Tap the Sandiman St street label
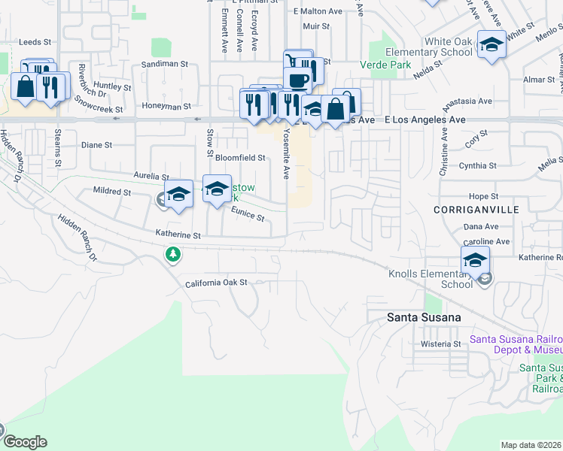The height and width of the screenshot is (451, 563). click(164, 65)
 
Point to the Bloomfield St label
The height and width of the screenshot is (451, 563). click(240, 158)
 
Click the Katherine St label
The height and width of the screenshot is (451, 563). click(178, 235)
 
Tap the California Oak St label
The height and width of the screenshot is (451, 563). click(216, 283)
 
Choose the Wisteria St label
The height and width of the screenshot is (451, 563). click(440, 344)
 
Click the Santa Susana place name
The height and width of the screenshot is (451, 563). click(424, 317)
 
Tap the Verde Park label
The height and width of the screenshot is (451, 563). click(390, 65)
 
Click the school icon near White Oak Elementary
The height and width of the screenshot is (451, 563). click(491, 45)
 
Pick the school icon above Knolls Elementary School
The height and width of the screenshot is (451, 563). click(475, 261)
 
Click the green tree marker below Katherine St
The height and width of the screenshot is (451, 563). click(173, 256)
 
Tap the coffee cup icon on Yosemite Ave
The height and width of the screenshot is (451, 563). click(297, 80)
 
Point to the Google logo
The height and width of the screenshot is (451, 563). click(24, 442)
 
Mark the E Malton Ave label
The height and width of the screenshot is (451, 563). click(318, 11)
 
